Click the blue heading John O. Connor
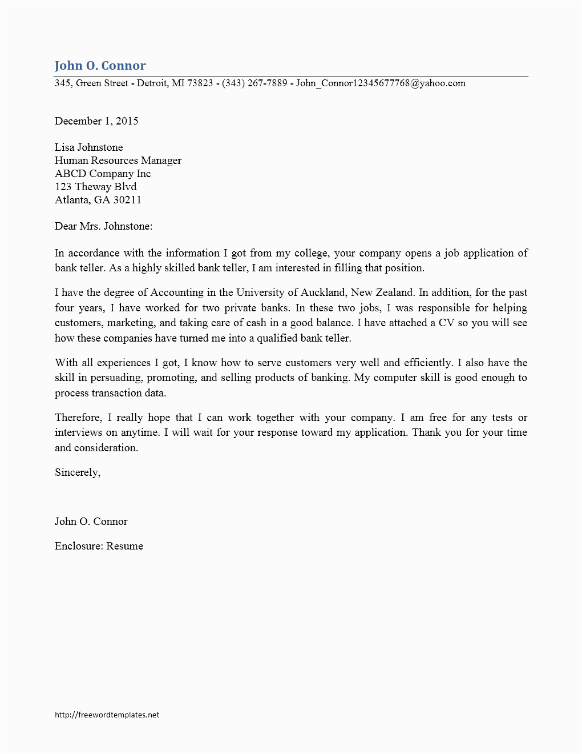[x=100, y=65]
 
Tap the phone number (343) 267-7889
[x=254, y=83]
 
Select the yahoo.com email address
[x=381, y=83]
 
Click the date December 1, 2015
[x=96, y=121]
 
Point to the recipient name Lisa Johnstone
[x=88, y=147]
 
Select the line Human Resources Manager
[x=118, y=161]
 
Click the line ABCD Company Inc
[x=103, y=174]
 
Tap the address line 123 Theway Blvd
[x=95, y=187]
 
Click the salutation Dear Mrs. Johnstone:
[x=103, y=226]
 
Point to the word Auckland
[x=322, y=292]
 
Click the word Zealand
[x=394, y=292]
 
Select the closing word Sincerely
[x=77, y=472]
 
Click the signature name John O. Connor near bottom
[x=91, y=522]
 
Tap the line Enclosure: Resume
[x=99, y=546]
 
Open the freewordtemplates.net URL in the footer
[x=107, y=715]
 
